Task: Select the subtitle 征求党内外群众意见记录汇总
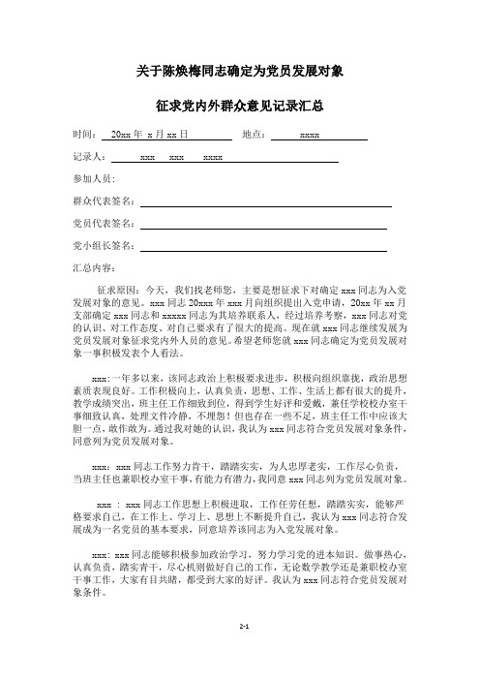tap(239, 104)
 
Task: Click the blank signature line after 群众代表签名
tap(265, 204)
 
